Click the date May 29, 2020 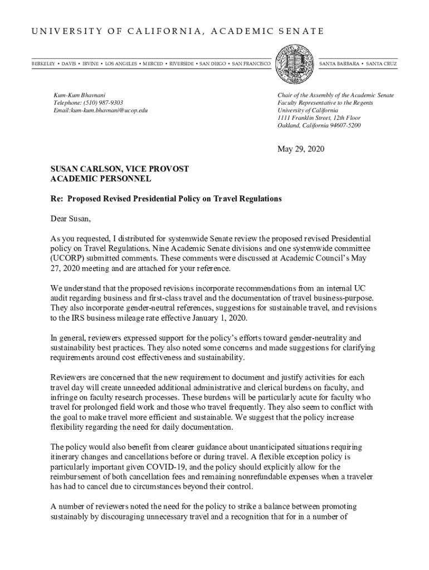pos(301,149)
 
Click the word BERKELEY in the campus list pos(43,64)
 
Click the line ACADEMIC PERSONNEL pos(100,179)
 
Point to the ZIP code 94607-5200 pos(343,125)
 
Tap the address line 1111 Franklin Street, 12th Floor pos(319,118)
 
